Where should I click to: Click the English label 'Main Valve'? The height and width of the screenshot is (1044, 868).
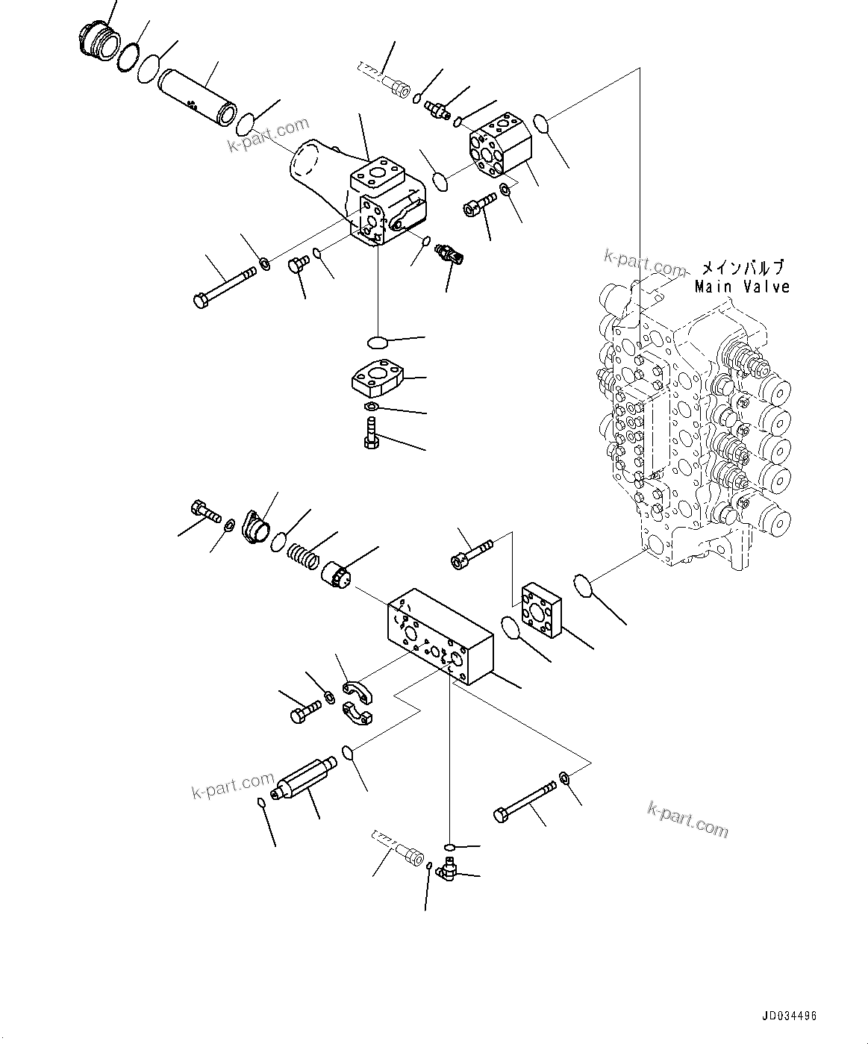pos(742,287)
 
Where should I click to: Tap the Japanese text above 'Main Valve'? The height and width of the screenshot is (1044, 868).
pos(742,268)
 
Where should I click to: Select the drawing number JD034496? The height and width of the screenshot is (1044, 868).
pos(790,1016)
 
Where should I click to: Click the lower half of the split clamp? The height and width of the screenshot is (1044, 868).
pos(361,714)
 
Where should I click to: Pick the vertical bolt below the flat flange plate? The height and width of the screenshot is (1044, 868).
pos(372,433)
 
